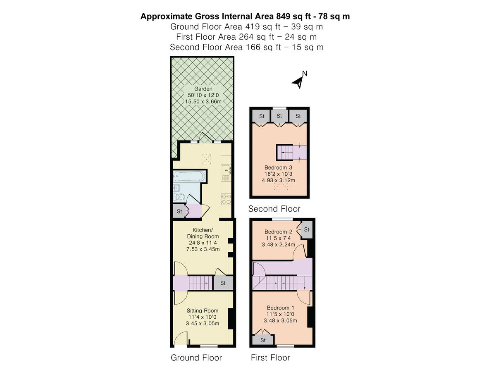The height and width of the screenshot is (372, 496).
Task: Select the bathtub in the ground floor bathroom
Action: pyautogui.click(x=189, y=177)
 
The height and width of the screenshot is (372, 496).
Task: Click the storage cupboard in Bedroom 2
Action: pyautogui.click(x=307, y=229)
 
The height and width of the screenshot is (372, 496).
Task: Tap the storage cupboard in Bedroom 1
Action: pyautogui.click(x=263, y=340)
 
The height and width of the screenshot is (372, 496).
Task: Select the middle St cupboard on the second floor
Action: pyautogui.click(x=279, y=116)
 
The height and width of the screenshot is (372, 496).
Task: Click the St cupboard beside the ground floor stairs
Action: pyautogui.click(x=223, y=283)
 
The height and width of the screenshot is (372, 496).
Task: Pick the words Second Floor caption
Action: pyautogui.click(x=274, y=209)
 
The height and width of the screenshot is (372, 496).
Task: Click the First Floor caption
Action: pyautogui.click(x=270, y=358)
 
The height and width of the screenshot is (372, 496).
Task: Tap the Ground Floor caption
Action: pyautogui.click(x=196, y=358)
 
